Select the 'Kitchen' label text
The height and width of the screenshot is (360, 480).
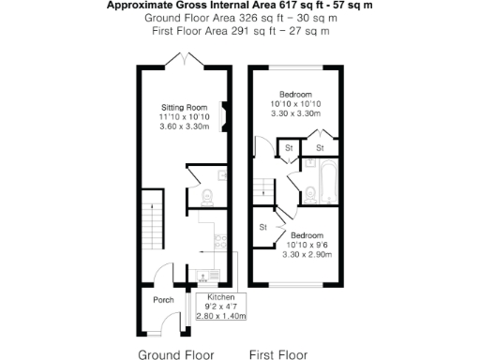point(220,296)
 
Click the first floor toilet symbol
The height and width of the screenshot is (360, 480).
point(308,195)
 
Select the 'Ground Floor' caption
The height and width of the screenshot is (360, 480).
point(176,354)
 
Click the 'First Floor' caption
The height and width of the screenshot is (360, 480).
point(277,354)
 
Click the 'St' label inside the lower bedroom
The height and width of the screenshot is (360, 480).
point(263,226)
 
